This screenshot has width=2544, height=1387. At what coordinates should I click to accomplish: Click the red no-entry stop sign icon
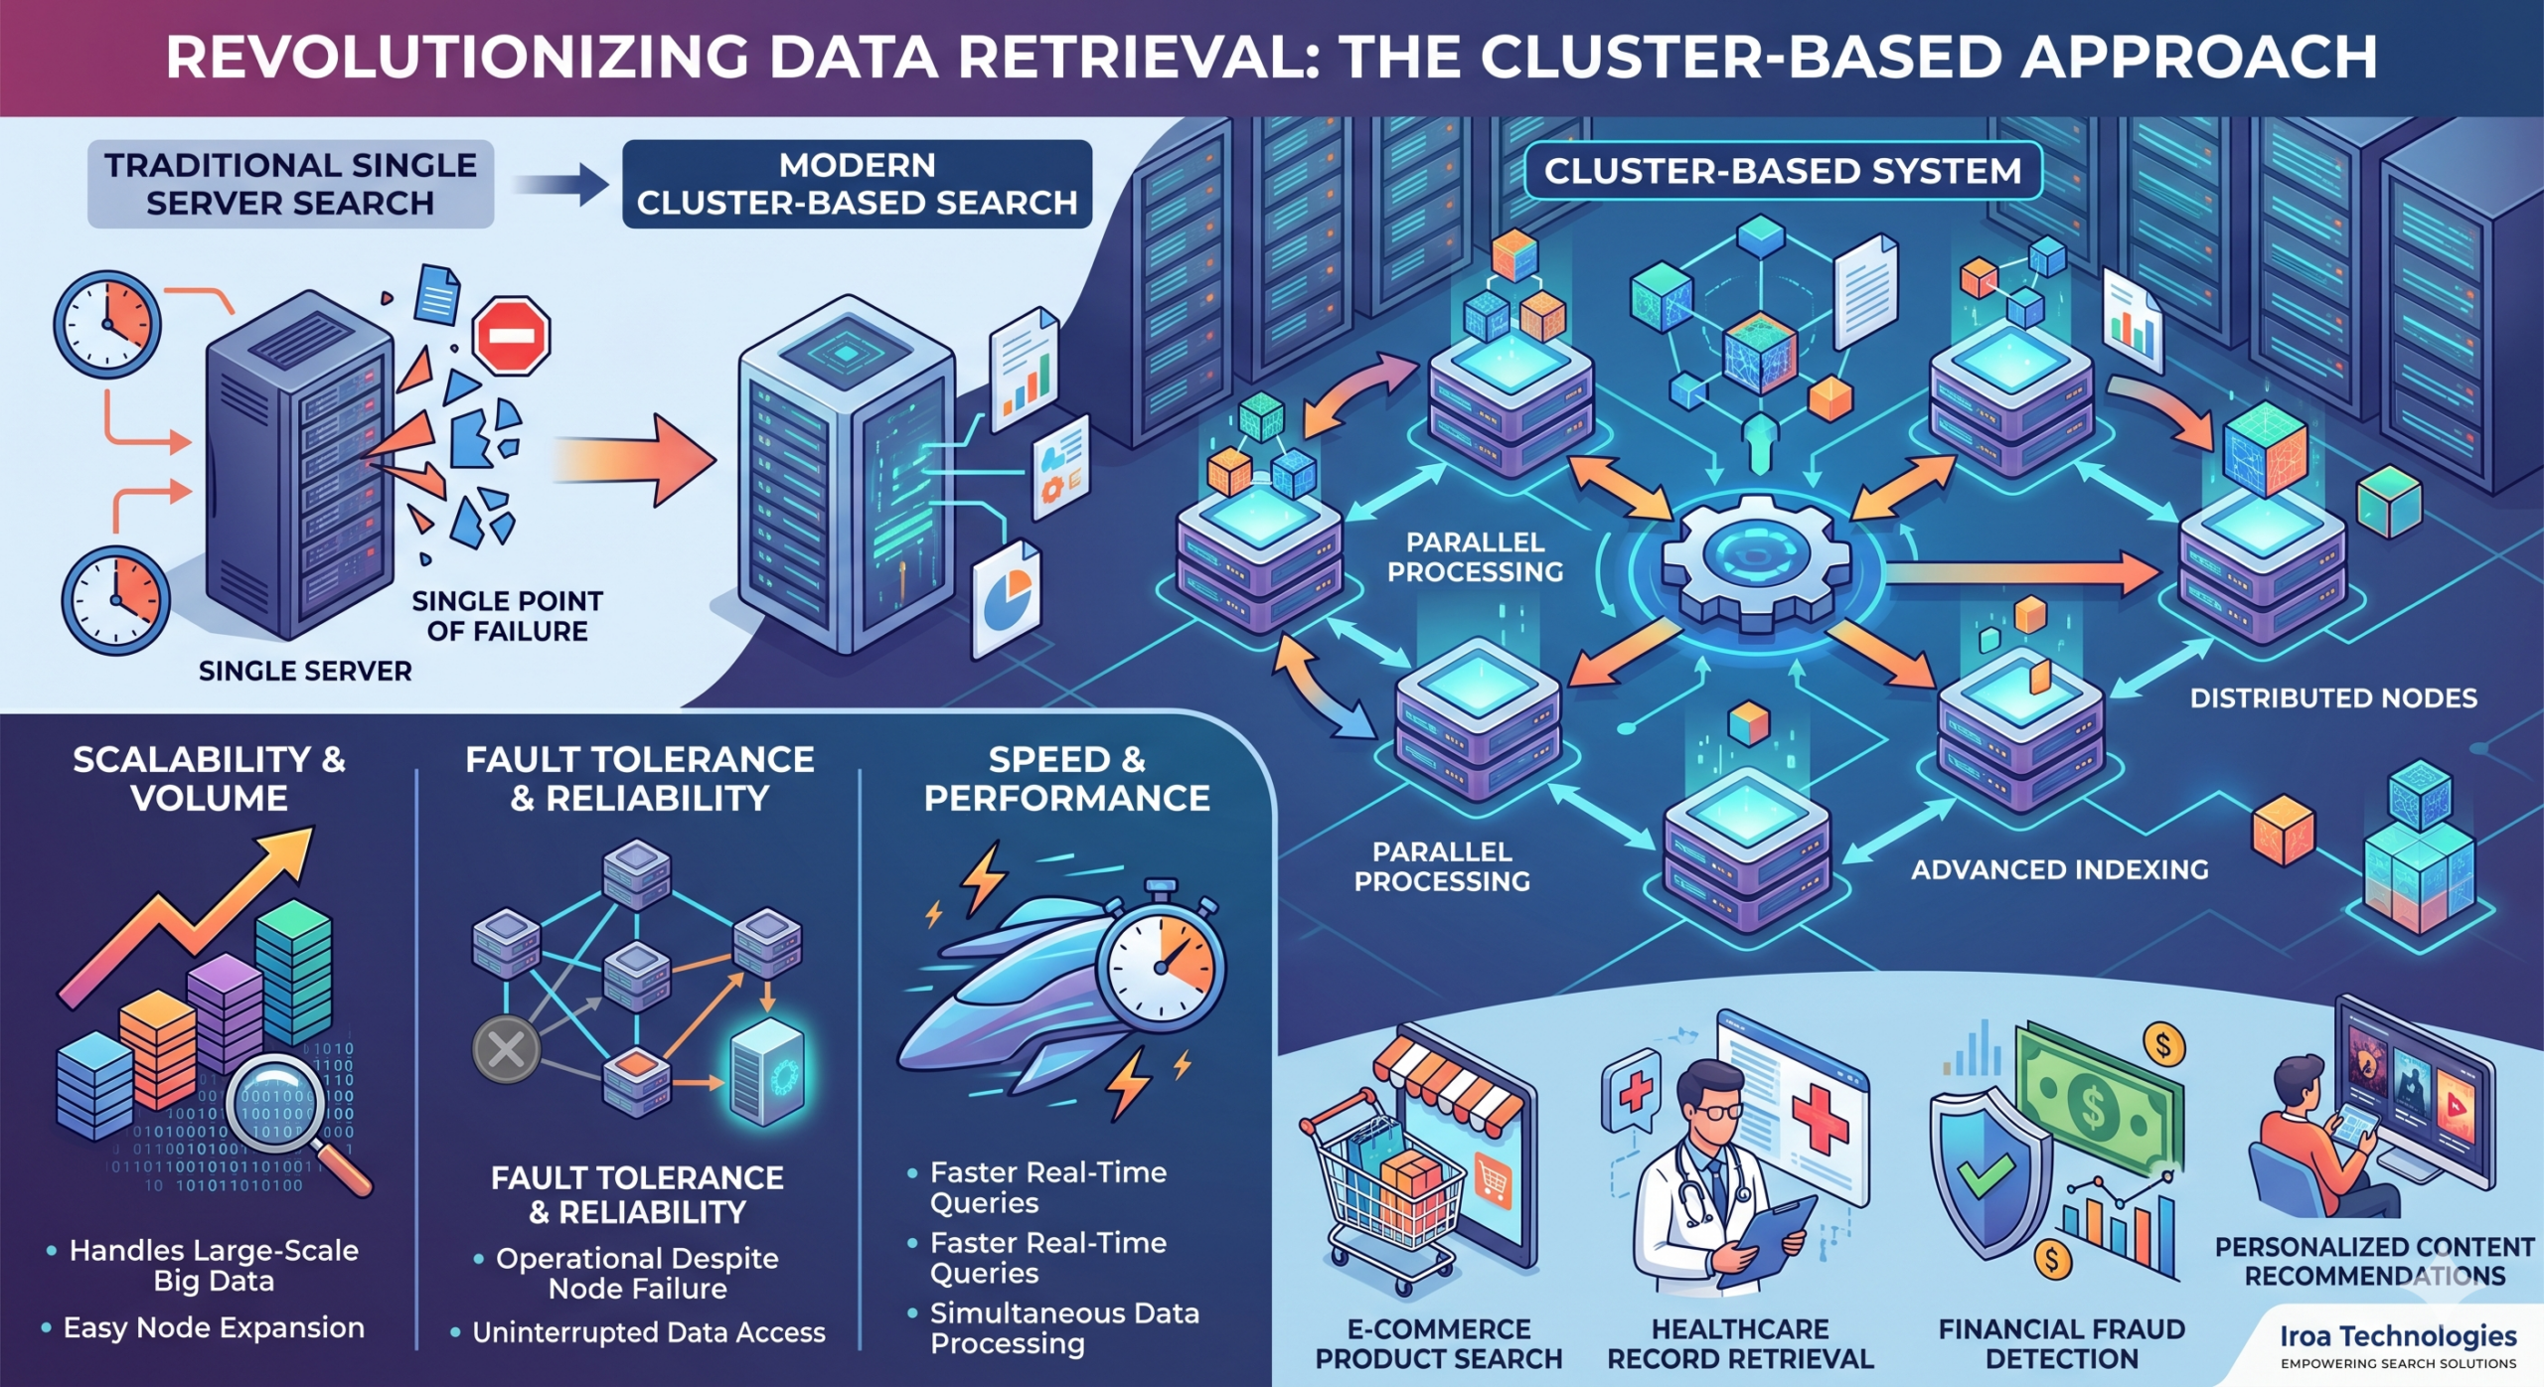coord(512,336)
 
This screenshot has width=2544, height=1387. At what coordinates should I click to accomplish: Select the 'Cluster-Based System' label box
coord(1782,171)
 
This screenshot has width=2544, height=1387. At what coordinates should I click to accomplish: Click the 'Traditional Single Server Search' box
coord(290,184)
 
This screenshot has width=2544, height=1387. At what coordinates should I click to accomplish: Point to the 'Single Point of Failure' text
coord(507,616)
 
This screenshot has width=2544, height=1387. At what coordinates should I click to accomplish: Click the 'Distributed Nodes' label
coord(2332,698)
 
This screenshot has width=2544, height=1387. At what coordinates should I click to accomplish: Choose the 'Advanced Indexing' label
coord(2059,870)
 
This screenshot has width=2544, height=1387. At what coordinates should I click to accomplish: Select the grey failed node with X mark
coord(506,1049)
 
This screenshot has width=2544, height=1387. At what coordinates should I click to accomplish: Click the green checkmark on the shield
coord(1986,1172)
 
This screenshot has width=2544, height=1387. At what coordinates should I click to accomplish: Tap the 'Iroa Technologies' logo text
coord(2397,1336)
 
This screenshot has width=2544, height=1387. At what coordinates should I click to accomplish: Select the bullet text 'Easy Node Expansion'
coord(214,1328)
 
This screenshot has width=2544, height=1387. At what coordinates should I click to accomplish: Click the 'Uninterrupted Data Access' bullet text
coord(648,1333)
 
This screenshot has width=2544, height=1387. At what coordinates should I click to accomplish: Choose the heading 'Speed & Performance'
coord(1066,778)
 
